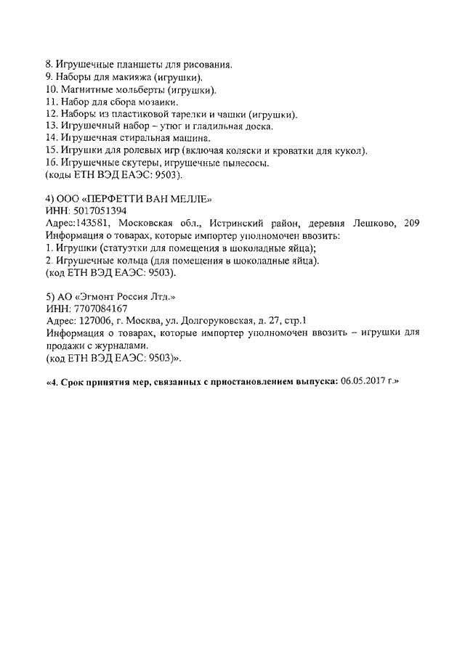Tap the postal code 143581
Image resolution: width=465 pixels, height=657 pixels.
coord(94,222)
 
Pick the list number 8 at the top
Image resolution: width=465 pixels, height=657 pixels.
coord(48,65)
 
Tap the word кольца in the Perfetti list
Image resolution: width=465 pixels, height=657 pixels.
coord(128,260)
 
